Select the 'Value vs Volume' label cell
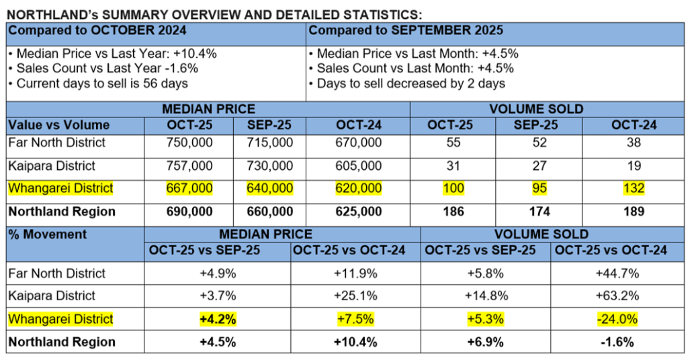(58, 125)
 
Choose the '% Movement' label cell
(48, 234)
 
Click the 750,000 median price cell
(189, 142)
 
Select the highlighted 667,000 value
(189, 189)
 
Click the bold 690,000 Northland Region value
(189, 212)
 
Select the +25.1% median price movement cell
(354, 296)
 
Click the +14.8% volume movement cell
(486, 296)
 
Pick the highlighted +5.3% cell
(486, 319)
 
